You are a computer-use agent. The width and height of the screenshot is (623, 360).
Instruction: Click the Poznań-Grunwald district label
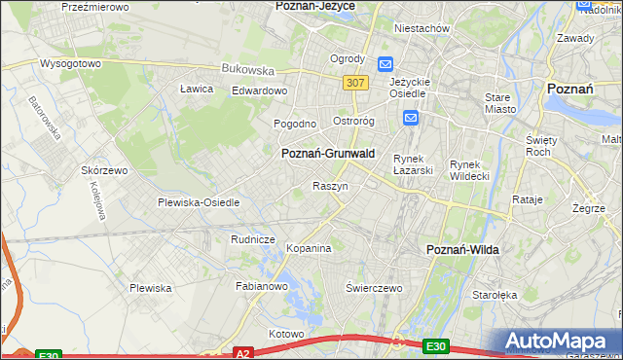coord(327,154)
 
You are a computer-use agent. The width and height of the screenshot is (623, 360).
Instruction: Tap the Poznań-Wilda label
coord(462,250)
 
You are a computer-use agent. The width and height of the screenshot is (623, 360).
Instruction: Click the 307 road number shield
coord(355,84)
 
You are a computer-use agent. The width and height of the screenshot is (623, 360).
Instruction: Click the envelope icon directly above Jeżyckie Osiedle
coord(385,64)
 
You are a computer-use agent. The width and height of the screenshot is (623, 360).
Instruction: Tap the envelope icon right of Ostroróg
coord(410,119)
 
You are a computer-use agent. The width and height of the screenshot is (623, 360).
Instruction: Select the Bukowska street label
coord(248,70)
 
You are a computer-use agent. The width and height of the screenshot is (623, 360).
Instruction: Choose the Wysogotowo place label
coord(70,63)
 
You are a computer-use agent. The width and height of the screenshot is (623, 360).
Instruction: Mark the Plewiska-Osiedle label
coord(199,202)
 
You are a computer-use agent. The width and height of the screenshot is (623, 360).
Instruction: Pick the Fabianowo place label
coord(262,286)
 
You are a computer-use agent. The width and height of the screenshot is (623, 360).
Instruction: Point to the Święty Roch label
coord(540,146)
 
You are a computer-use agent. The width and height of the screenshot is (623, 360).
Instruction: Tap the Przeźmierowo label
coord(94,6)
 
